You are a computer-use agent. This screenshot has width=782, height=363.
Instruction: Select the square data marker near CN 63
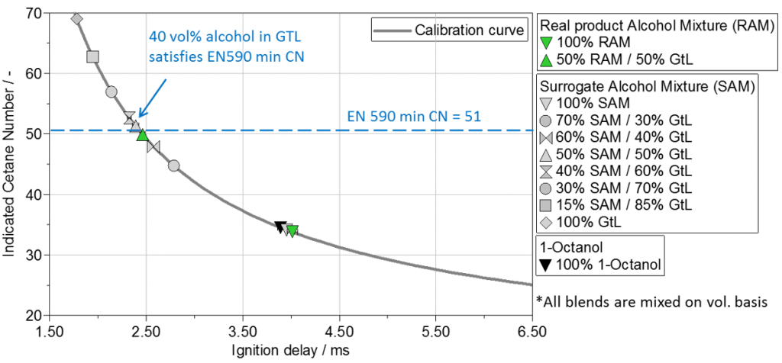point(93,56)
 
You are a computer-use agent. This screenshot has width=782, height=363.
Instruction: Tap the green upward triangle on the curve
point(142,135)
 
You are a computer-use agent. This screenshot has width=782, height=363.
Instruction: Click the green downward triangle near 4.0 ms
point(292,230)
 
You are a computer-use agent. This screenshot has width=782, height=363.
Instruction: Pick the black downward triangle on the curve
point(280,226)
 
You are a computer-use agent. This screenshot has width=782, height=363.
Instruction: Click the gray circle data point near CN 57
point(111,92)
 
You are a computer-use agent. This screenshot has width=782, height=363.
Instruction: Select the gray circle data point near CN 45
point(173,165)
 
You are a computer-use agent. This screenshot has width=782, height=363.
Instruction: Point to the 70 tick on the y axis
point(34,14)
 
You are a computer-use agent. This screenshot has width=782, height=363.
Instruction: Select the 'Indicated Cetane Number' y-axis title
point(10,164)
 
